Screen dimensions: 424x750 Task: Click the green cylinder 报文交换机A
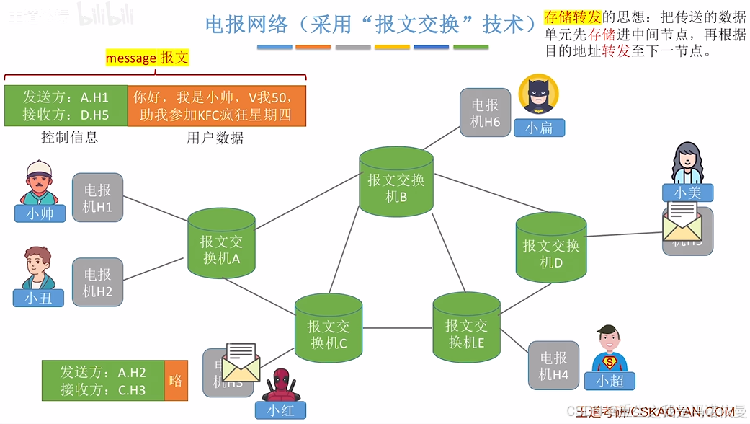click(x=221, y=245)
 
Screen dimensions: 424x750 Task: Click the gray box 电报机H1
click(x=97, y=198)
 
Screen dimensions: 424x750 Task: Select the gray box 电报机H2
click(x=97, y=282)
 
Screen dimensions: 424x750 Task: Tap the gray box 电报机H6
click(x=485, y=112)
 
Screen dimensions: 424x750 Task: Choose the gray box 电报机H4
click(x=553, y=366)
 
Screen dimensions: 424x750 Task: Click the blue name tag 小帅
click(x=40, y=213)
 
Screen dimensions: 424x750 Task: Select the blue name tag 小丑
click(x=38, y=297)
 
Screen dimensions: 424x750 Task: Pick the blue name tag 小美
click(x=687, y=193)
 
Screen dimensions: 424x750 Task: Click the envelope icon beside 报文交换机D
click(x=682, y=222)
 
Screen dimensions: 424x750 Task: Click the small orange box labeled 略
click(x=176, y=380)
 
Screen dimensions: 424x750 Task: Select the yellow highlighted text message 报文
click(x=147, y=58)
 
